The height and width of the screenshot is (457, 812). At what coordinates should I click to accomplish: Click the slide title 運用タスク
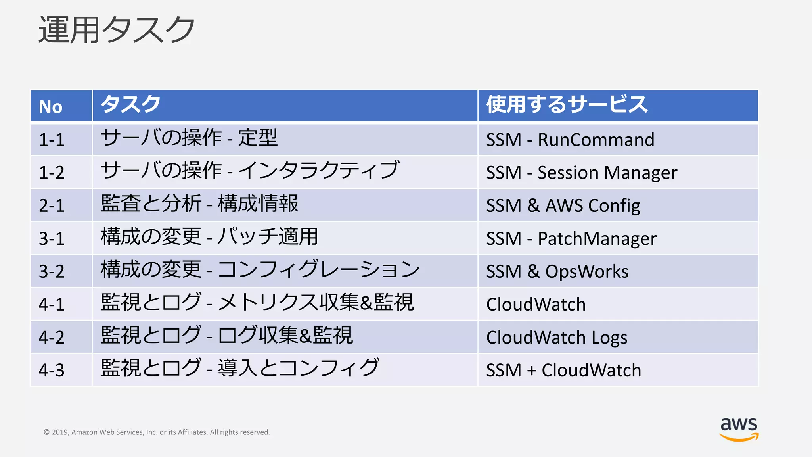click(x=117, y=30)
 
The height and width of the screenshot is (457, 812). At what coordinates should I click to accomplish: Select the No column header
click(x=51, y=107)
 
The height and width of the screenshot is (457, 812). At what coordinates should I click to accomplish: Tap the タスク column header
click(x=130, y=104)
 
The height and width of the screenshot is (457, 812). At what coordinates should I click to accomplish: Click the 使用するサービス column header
click(x=567, y=104)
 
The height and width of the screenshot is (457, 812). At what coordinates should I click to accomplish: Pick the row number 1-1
click(x=52, y=140)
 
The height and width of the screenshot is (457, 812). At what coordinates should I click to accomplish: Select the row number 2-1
click(x=52, y=205)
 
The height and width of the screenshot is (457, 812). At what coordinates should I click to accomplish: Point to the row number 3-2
click(x=52, y=271)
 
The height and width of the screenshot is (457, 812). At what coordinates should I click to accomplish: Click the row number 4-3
click(x=52, y=370)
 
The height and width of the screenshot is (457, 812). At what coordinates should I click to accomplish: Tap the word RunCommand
click(x=596, y=140)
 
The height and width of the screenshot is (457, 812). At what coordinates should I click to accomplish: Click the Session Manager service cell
click(x=607, y=173)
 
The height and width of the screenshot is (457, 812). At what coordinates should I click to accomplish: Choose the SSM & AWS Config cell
click(x=563, y=205)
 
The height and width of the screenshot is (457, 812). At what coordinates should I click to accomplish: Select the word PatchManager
click(x=597, y=238)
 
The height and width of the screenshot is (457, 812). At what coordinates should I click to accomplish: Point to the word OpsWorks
click(x=587, y=271)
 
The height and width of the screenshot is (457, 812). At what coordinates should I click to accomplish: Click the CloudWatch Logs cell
click(x=557, y=337)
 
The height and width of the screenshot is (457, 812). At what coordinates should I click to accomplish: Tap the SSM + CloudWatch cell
click(x=563, y=370)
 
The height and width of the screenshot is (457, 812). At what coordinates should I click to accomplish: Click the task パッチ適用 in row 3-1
click(x=268, y=237)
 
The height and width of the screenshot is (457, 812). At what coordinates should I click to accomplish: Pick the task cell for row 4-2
click(x=227, y=336)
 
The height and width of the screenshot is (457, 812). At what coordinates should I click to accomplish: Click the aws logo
click(x=739, y=428)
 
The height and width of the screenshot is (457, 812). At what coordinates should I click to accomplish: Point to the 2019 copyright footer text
click(x=157, y=432)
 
